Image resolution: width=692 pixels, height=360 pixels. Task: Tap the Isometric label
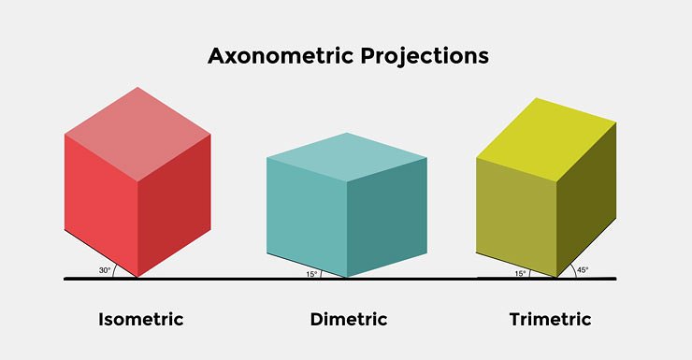pyautogui.click(x=141, y=320)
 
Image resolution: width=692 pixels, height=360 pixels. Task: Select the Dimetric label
pyautogui.click(x=349, y=320)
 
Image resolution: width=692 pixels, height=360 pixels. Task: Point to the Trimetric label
pyautogui.click(x=550, y=320)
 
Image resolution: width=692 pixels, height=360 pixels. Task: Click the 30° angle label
pyautogui.click(x=105, y=271)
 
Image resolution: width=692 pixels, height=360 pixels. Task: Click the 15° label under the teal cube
pyautogui.click(x=311, y=273)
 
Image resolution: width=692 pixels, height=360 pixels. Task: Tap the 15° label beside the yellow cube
pyautogui.click(x=520, y=273)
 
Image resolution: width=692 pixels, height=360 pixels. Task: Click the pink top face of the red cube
pyautogui.click(x=137, y=132)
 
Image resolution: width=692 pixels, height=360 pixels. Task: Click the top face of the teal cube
pyautogui.click(x=348, y=155)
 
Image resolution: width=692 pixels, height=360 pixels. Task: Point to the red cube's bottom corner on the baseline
pyautogui.click(x=138, y=278)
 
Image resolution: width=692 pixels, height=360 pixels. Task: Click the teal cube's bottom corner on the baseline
pyautogui.click(x=347, y=278)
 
